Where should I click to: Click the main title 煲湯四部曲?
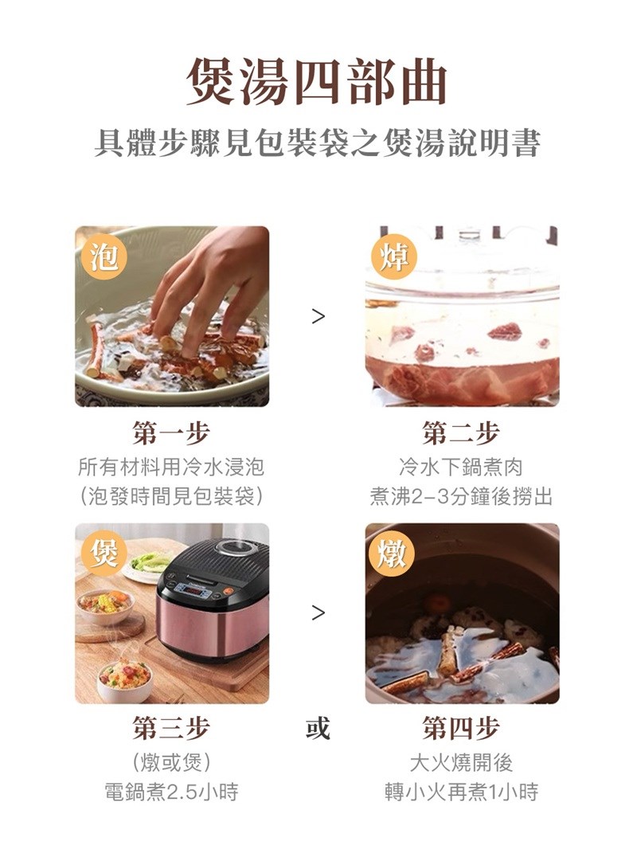coord(318,82)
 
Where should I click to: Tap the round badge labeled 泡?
coord(104,257)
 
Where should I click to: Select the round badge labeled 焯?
coord(394,257)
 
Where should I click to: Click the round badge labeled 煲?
coord(104,553)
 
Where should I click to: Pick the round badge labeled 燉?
coord(393,553)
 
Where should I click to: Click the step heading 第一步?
coord(171,432)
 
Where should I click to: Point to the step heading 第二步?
coord(460,432)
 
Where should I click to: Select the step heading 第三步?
coord(171,728)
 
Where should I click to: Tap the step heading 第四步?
coord(460,728)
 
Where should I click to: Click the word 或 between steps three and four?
coord(318,728)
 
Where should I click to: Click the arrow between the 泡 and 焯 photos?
coord(318,316)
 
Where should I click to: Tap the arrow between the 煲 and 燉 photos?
coord(318,612)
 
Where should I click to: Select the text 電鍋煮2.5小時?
coord(171,792)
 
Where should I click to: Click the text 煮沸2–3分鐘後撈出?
coord(460,496)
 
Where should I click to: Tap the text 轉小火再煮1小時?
coord(460,792)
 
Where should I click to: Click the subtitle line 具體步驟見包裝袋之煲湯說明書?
coord(318,143)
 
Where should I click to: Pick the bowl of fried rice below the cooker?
coord(124,680)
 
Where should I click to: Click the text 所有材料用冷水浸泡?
coord(171,467)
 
